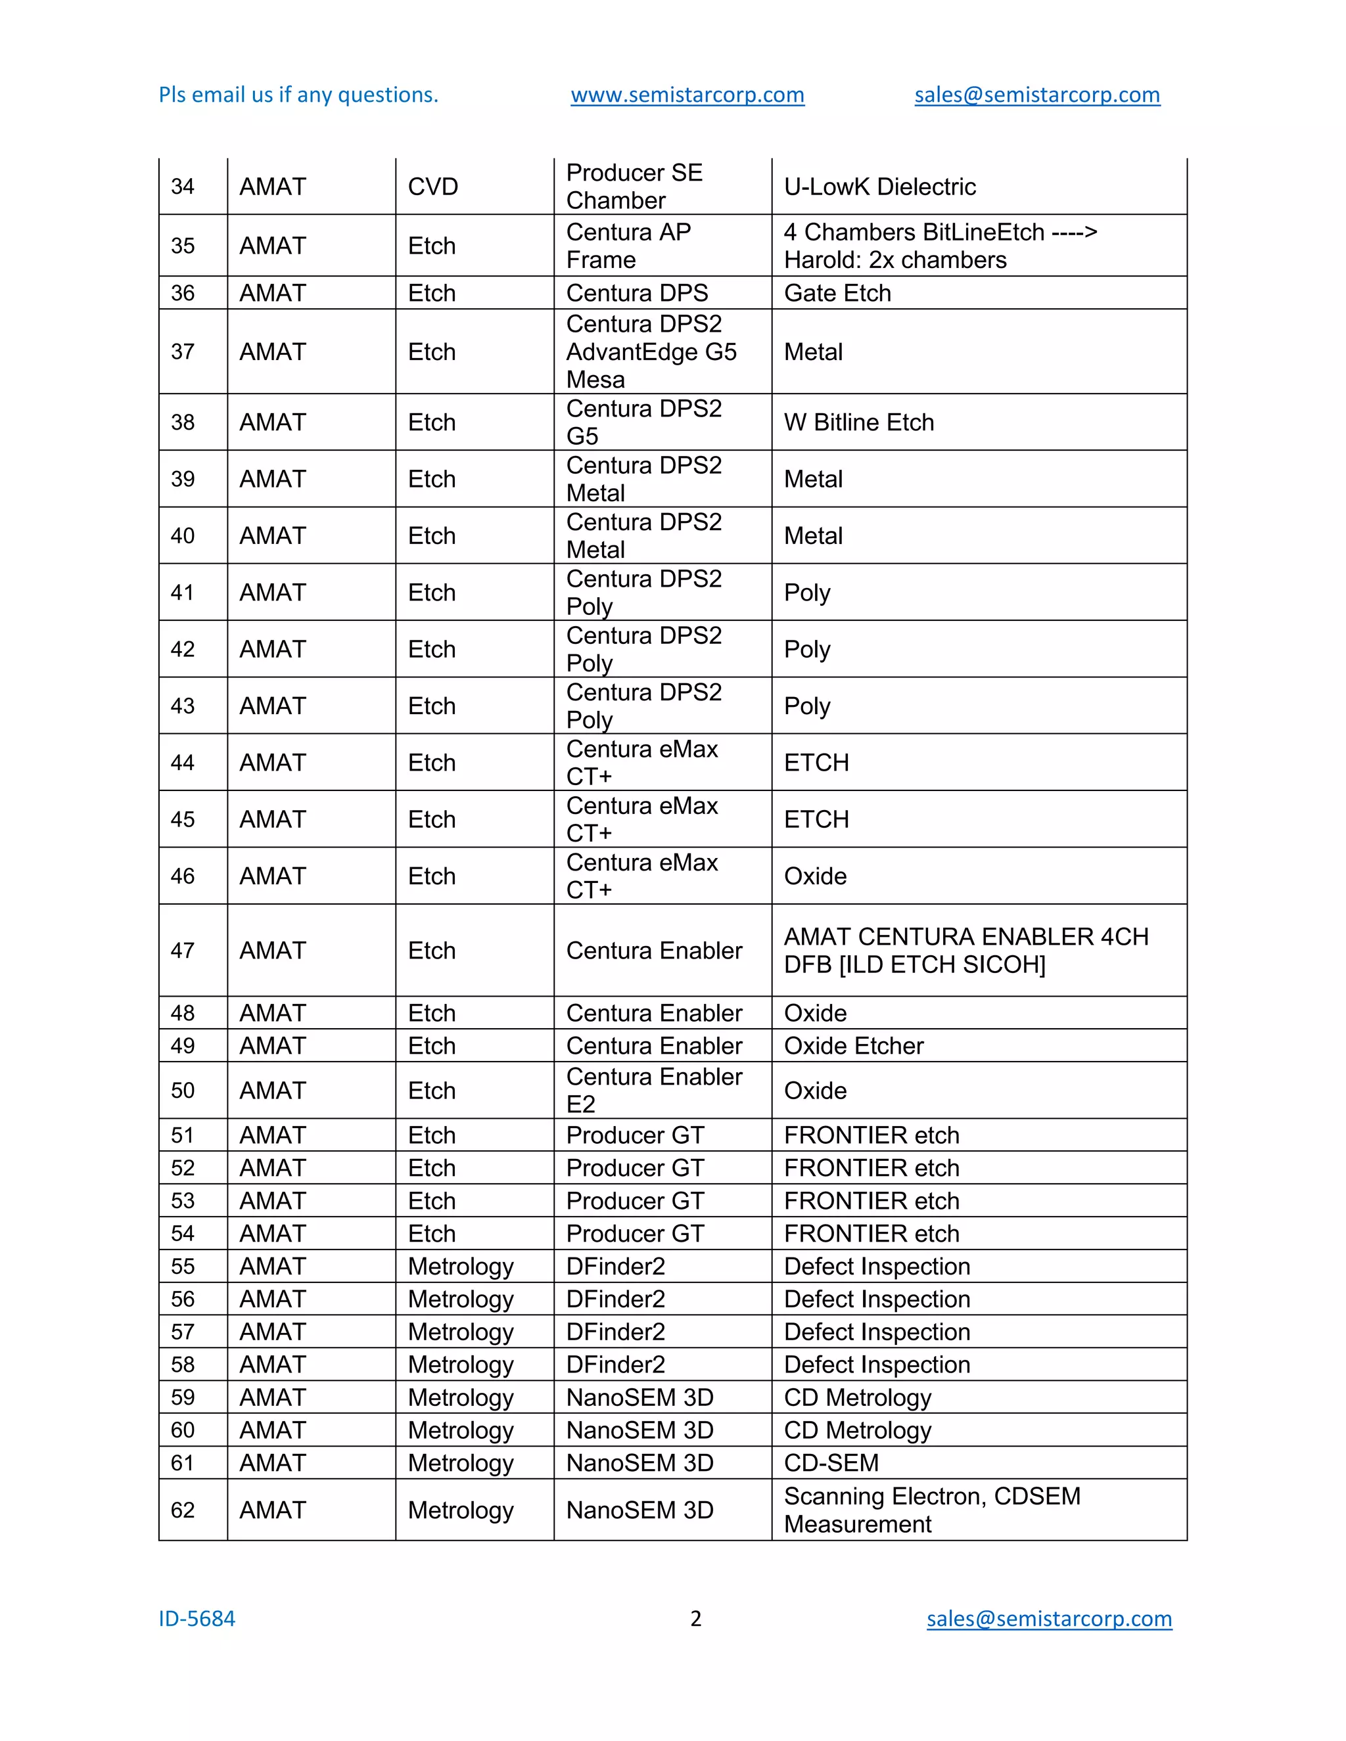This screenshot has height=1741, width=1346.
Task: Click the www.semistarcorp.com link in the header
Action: (x=687, y=95)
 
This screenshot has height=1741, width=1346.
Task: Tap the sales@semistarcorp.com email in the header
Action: (x=1036, y=95)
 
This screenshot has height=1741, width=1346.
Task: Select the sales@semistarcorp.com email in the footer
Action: (x=1048, y=1619)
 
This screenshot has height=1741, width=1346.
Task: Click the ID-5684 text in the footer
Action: (x=197, y=1619)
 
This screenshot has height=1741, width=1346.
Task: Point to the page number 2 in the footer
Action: (x=695, y=1619)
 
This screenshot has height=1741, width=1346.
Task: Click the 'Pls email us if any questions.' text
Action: (x=298, y=95)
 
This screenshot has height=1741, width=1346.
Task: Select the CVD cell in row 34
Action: (x=433, y=187)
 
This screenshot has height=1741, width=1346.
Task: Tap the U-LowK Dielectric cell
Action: (x=879, y=187)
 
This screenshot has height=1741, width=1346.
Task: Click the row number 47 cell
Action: (x=183, y=950)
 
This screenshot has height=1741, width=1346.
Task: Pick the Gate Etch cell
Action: (x=837, y=292)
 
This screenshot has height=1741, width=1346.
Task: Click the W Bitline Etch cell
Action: (x=859, y=422)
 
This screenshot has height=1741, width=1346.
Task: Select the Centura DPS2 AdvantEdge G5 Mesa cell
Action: (x=651, y=351)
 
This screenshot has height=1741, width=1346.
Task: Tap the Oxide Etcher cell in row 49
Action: (x=853, y=1046)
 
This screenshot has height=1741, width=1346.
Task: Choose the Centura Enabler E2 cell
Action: (x=654, y=1090)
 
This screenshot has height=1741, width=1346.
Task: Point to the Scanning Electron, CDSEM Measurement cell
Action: (x=931, y=1510)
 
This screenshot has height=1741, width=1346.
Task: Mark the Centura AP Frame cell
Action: (x=628, y=246)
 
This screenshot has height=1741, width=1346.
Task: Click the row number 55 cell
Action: (x=183, y=1266)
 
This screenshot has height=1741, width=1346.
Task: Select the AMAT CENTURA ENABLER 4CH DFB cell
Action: (x=965, y=950)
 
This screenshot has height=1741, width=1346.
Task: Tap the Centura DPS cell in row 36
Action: (x=636, y=292)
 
